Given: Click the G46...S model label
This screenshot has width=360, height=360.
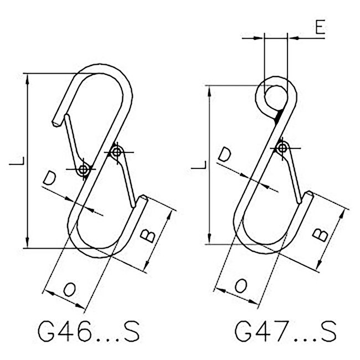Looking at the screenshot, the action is coord(89,331).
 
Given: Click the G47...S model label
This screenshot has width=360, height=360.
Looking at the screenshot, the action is coord(285,331).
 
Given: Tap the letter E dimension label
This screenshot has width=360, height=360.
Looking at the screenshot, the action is coord(320,27).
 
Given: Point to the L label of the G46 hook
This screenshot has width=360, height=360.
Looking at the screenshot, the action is coord(17,161).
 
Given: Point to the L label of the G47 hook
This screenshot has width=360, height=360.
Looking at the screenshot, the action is coord(199,165).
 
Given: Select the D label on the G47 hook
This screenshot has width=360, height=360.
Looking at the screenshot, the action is coord(224,155).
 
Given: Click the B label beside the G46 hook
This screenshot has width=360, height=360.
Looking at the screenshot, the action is coord(148,236).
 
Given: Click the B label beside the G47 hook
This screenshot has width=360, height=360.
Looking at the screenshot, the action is coord(321,235).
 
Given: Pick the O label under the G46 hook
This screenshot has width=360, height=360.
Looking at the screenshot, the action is coord(69,289).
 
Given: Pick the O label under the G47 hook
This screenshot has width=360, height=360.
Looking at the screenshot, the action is coord(241,286).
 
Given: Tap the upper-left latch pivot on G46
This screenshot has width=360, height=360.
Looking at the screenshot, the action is coord(83,169).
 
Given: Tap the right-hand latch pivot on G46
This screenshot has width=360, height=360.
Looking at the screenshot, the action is coord(117,152).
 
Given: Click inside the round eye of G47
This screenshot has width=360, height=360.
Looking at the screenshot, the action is coord(276,97).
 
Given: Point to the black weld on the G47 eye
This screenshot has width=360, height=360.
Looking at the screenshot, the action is coord(278,116).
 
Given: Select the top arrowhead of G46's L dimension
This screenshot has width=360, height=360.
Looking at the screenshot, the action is coord(27,79).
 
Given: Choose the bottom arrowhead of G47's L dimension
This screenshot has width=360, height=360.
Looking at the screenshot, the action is coord(209,239).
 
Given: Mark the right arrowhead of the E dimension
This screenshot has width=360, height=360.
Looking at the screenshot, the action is coord(294,38).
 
